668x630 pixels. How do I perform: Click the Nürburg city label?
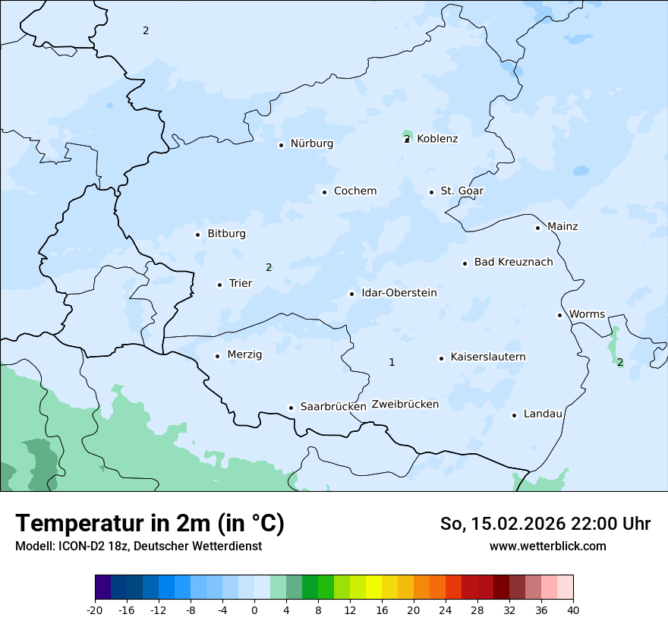[311, 143]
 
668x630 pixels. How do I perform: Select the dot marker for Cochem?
[324, 192]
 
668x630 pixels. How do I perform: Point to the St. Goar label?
[462, 191]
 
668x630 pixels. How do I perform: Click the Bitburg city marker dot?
[197, 235]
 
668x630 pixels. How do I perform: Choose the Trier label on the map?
[241, 283]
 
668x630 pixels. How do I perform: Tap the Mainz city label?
[562, 226]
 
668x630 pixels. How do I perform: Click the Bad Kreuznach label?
[513, 262]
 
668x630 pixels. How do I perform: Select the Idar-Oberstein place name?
[399, 292]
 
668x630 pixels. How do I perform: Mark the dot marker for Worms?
[559, 315]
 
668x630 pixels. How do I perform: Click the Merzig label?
[244, 354]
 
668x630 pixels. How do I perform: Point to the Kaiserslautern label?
[488, 357]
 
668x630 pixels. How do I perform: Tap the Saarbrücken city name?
[333, 407]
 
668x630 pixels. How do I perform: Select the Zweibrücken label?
[405, 404]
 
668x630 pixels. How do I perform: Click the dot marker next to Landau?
[514, 415]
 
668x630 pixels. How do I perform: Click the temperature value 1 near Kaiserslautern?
[392, 362]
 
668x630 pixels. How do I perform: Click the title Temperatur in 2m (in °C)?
[150, 523]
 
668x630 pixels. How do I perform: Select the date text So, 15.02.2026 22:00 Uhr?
[545, 524]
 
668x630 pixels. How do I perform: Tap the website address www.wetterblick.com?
[547, 546]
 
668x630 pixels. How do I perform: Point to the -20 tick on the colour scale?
[95, 610]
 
